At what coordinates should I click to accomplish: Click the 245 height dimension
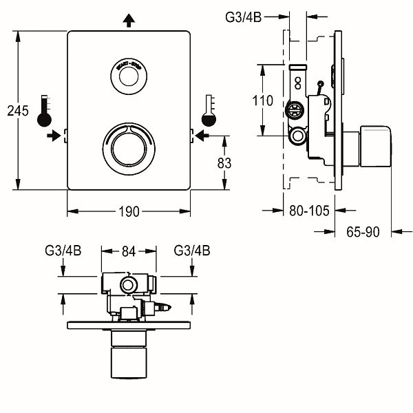17,110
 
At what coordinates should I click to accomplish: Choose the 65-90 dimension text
363,233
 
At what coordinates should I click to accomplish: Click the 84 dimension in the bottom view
129,252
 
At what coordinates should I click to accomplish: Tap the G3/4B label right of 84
192,252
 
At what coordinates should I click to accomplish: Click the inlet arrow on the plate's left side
53,136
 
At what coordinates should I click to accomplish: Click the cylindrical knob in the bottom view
129,356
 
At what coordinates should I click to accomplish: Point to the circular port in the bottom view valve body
127,285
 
